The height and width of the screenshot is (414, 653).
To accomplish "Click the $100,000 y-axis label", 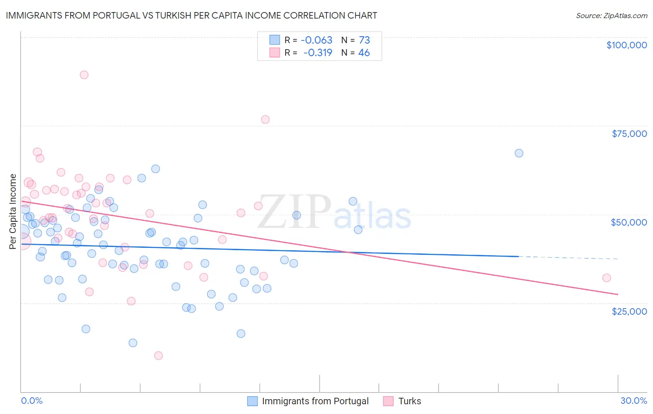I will pos(626,45).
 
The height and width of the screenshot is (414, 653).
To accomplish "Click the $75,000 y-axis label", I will pos(629,134).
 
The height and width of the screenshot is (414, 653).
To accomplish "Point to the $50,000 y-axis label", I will pos(628,222).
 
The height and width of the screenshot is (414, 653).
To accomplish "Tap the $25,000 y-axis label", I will pos(629,311).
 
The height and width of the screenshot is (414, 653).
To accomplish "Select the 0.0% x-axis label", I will pos(32,401).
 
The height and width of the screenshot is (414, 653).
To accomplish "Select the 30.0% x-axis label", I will pos(633,401).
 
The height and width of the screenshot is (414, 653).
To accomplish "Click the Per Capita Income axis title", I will pos(13,211).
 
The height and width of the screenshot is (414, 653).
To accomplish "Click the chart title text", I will pos(191,15).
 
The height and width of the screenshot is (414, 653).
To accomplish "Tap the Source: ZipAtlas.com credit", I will pos(611,16).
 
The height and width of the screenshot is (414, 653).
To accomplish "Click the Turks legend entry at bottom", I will pos(409,401).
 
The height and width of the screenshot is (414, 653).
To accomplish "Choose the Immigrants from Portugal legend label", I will pos(315,401).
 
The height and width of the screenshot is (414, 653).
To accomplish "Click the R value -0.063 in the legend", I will pos(317,40).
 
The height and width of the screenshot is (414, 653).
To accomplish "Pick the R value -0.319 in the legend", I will pos(318,53).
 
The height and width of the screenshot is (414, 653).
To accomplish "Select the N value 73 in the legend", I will pos(364,40).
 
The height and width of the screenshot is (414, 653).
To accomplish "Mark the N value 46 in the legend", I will pos(364,53).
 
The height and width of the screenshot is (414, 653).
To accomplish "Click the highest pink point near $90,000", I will pos(84,75).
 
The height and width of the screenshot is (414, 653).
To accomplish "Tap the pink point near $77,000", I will pos(265,119).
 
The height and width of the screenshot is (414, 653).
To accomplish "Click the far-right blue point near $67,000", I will pos(519,153).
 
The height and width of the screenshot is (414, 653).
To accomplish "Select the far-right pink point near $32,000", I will pos(607,278).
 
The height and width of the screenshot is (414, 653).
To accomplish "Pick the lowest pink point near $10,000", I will pos(158,356).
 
